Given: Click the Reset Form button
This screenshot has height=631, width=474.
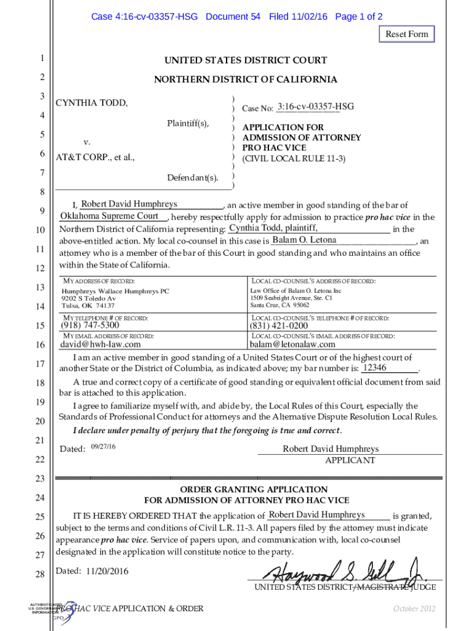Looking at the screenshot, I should (406, 34).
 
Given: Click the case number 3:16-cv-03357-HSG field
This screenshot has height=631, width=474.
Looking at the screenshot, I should (315, 107).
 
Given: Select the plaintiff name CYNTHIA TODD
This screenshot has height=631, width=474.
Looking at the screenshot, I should (92, 103).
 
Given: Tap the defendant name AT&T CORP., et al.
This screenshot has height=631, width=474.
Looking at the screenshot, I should (95, 158).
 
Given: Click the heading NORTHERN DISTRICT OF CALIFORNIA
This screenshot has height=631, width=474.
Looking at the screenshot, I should (245, 79).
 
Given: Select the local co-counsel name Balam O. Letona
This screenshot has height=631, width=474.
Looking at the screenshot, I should (304, 240).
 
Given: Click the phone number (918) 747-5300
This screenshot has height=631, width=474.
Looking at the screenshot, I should (90, 325).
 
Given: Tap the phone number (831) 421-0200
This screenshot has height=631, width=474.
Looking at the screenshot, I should (279, 325).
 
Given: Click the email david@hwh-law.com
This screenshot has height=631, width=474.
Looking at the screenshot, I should (100, 344).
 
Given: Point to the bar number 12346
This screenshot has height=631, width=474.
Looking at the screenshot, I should (375, 368).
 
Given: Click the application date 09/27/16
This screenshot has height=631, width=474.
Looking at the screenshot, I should (103, 446).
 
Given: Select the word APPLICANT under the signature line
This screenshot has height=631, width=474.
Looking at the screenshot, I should (350, 460).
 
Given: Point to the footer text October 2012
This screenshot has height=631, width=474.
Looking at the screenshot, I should (414, 609).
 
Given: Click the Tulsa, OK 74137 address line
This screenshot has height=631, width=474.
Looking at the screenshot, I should (88, 306).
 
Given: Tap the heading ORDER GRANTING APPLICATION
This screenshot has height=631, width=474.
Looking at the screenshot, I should (245, 489).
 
